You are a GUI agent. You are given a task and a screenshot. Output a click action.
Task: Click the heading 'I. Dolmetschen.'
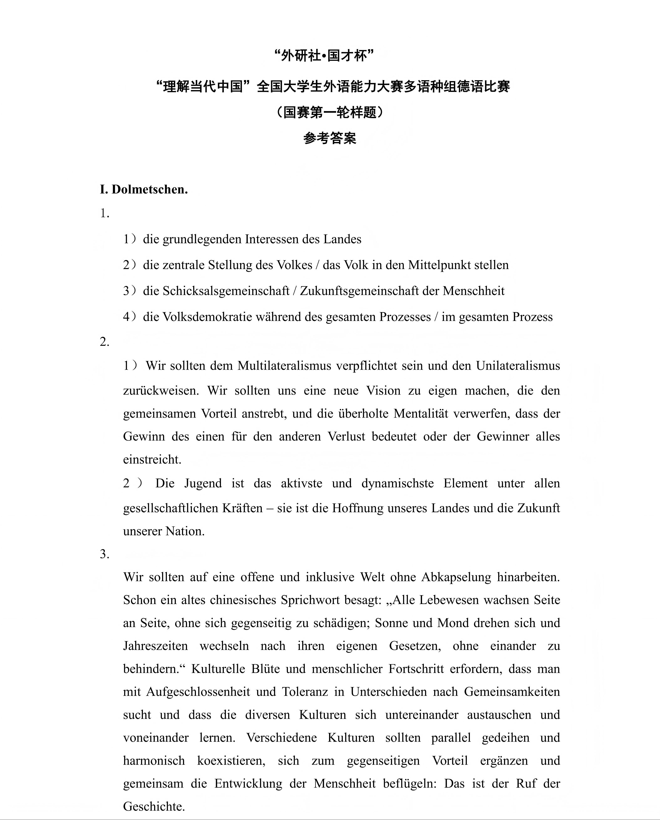point(144,189)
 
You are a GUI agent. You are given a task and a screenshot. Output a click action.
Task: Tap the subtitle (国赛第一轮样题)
point(330,112)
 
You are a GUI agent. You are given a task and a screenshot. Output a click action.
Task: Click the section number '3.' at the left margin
point(105,554)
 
